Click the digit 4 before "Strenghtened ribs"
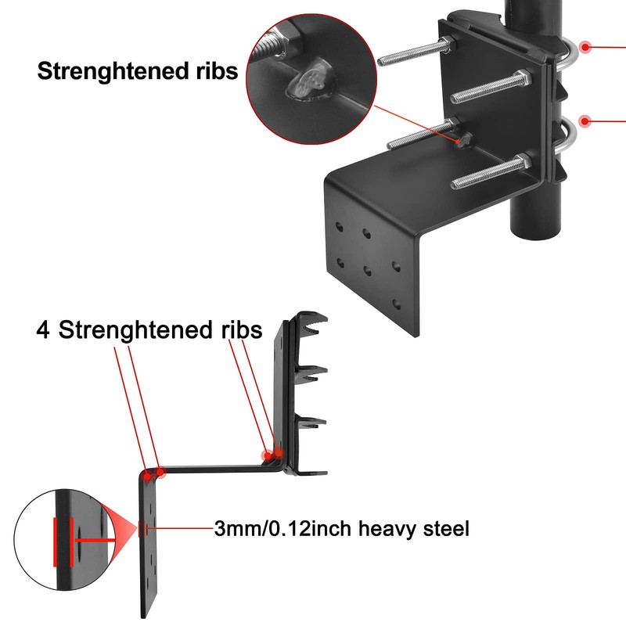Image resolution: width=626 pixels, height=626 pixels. pyautogui.click(x=45, y=329)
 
